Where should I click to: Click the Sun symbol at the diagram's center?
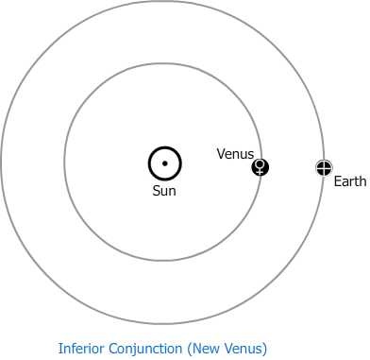(x=164, y=163)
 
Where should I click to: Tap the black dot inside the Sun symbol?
(x=164, y=163)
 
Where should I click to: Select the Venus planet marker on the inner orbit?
(x=261, y=167)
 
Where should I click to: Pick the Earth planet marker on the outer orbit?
(x=324, y=167)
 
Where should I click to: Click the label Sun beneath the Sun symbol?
(x=164, y=191)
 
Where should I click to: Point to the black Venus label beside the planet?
(x=236, y=153)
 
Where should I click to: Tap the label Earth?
(x=349, y=180)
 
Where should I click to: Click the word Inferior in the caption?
(x=81, y=348)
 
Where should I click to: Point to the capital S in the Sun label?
(x=157, y=191)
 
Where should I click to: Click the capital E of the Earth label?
(x=337, y=180)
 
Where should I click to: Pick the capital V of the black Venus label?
(x=221, y=153)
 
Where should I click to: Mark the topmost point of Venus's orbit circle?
(x=163, y=65)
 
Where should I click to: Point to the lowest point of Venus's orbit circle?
(x=163, y=260)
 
